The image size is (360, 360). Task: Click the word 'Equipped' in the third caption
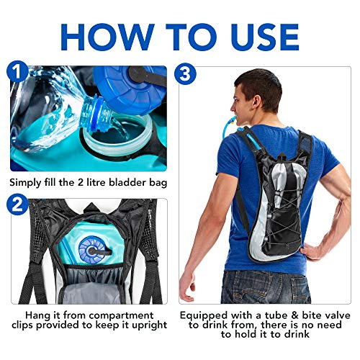[209, 315]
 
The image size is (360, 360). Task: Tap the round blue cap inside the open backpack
[91, 251]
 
